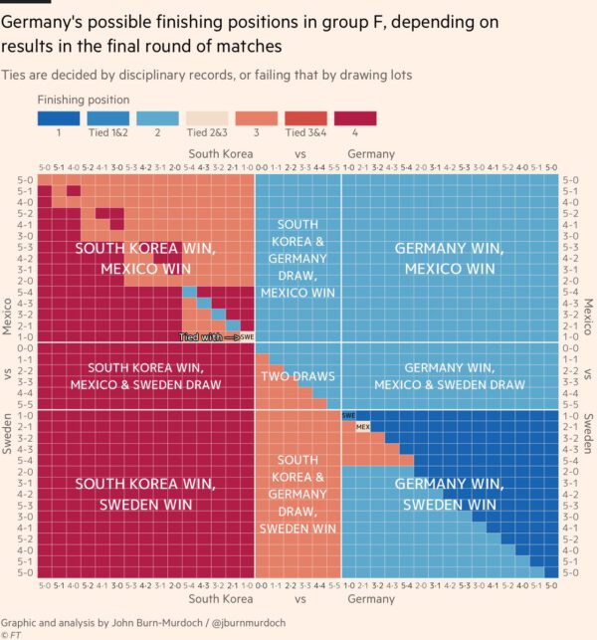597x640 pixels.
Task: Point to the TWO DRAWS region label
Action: pos(298,376)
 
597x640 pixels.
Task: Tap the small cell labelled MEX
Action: pos(363,427)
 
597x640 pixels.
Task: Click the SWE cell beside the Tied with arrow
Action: pos(248,337)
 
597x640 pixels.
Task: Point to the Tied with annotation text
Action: pos(204,337)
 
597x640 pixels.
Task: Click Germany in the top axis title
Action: pos(372,154)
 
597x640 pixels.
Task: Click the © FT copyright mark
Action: pos(12,632)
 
